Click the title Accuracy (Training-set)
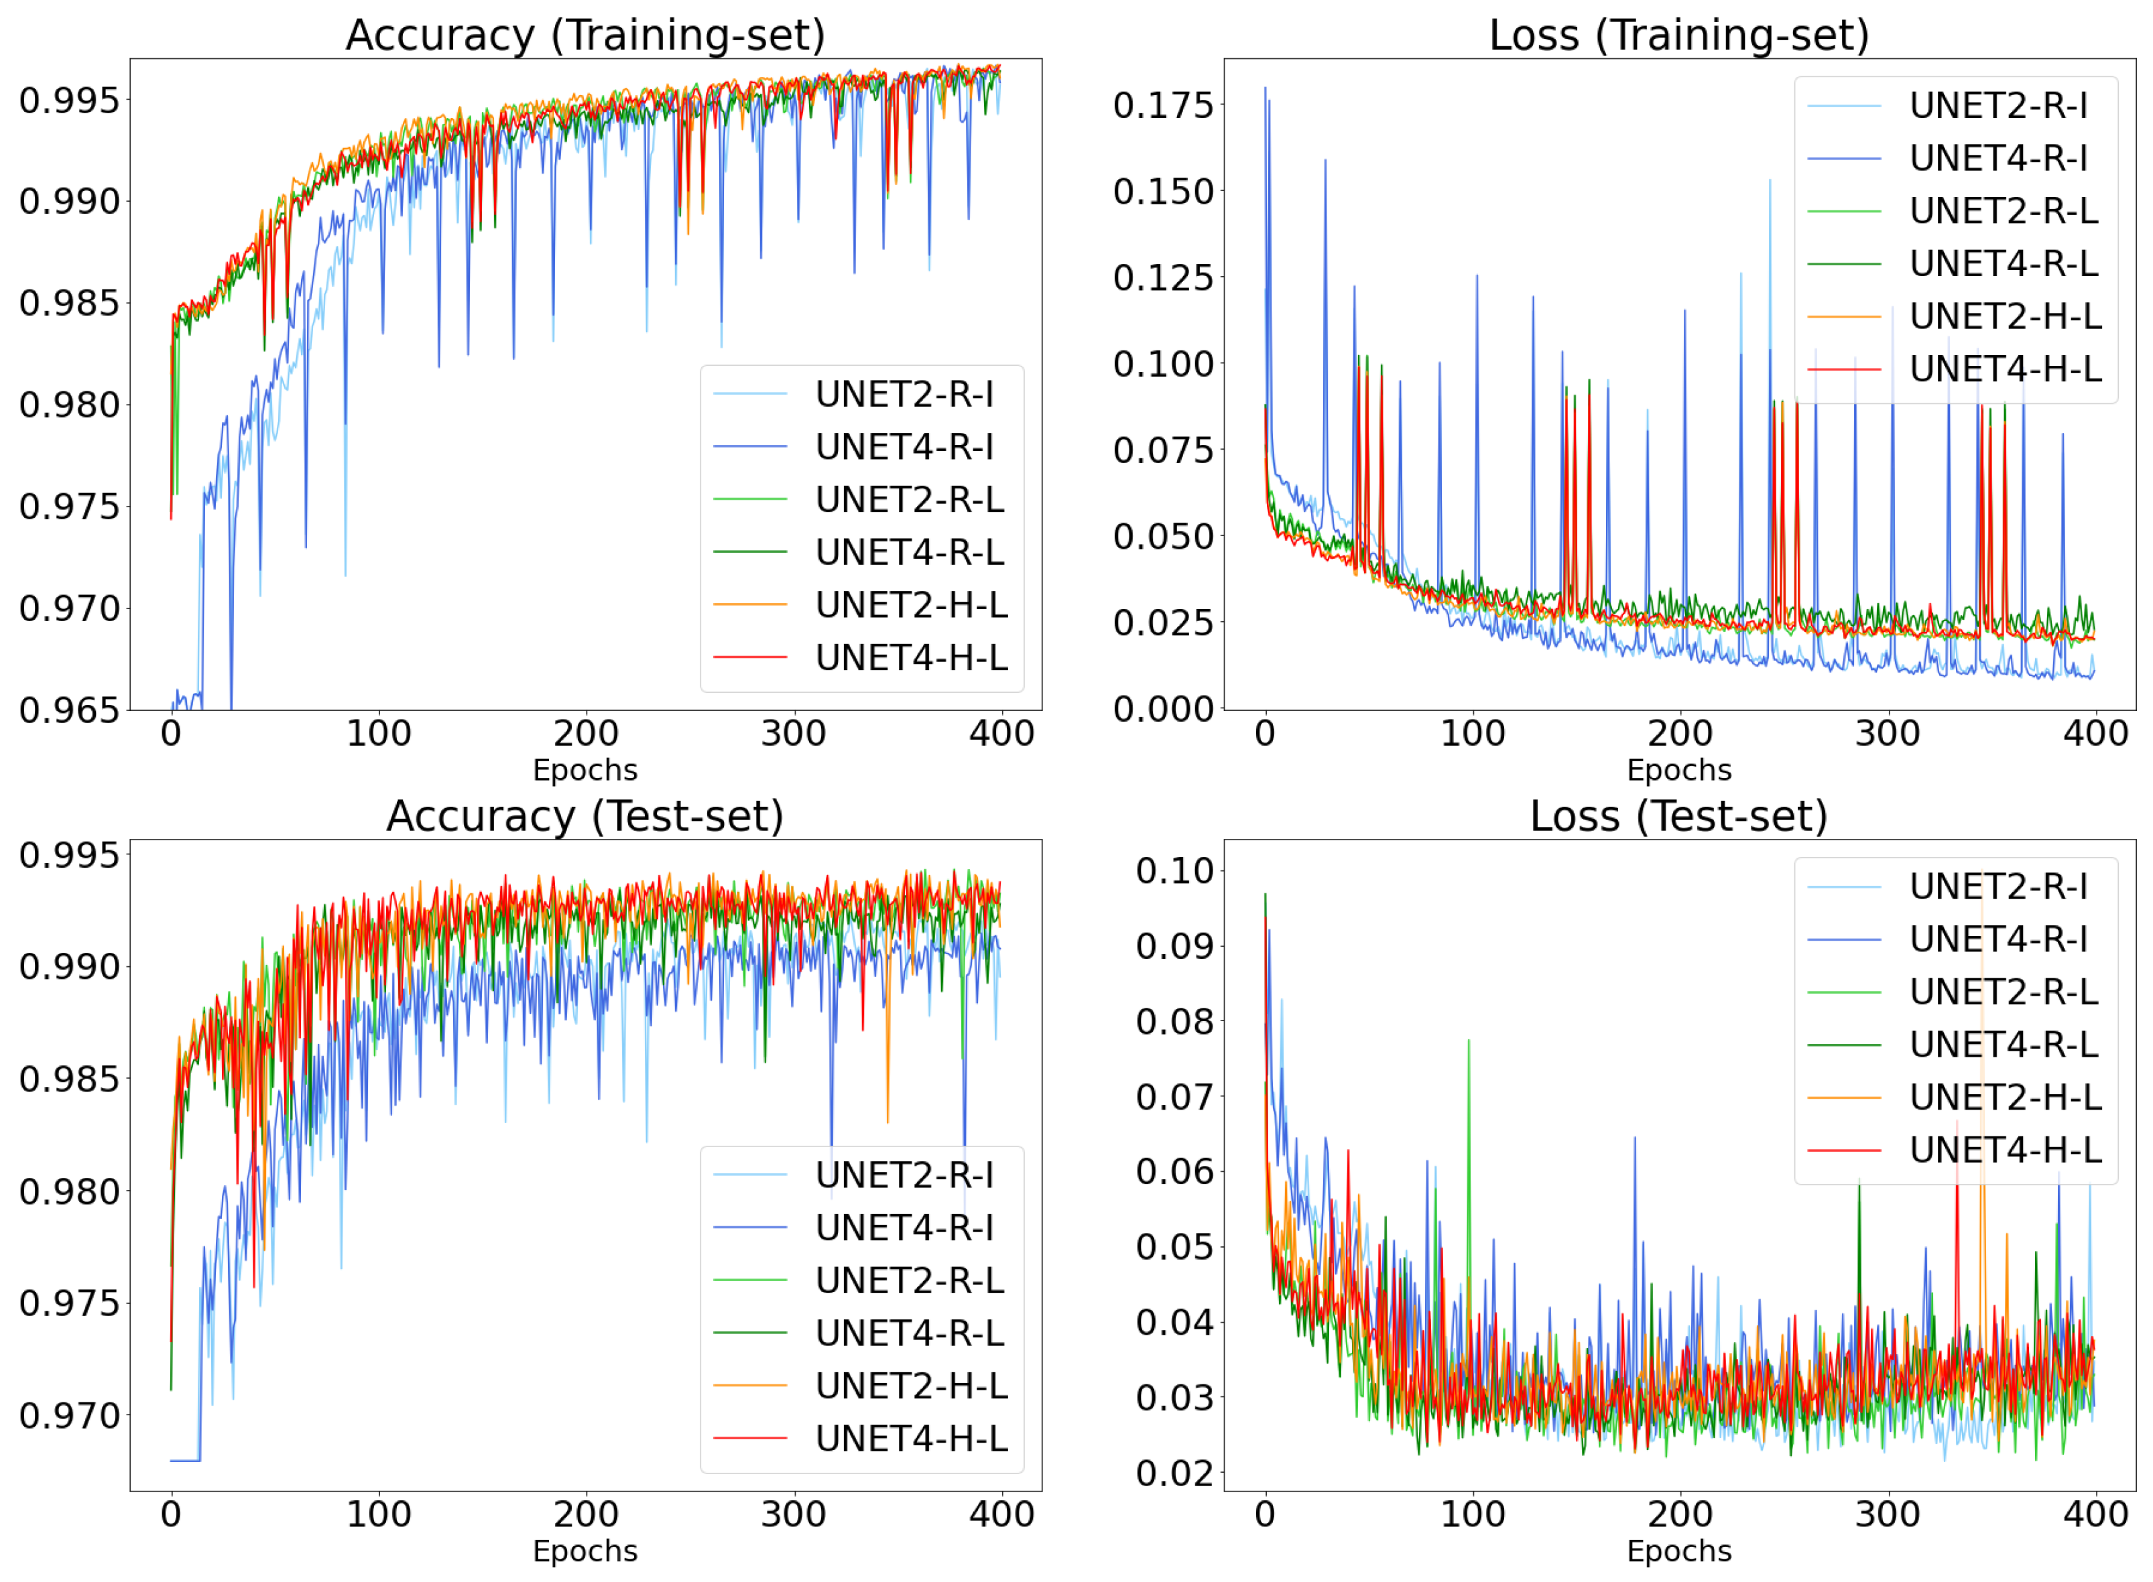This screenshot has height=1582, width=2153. click(x=585, y=36)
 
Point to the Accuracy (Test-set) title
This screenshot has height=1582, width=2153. click(x=585, y=816)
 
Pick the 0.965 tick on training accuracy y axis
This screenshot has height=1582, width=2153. click(x=69, y=710)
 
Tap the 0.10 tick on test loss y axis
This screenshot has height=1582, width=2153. click(x=1174, y=870)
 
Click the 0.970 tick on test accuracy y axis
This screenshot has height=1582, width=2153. click(x=69, y=1414)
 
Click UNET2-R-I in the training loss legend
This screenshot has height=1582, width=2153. click(x=1998, y=105)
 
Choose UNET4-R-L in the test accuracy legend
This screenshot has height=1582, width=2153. click(x=910, y=1333)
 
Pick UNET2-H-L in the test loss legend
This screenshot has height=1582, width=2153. click(x=2005, y=1098)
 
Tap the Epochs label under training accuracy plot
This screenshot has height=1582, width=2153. click(x=585, y=769)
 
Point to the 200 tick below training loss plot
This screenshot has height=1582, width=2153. click(x=1679, y=734)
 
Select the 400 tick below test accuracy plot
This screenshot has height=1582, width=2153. click(x=1001, y=1514)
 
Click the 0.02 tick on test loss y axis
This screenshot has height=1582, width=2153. click(x=1174, y=1473)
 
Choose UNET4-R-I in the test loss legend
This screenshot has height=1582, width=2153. click(x=1998, y=939)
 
